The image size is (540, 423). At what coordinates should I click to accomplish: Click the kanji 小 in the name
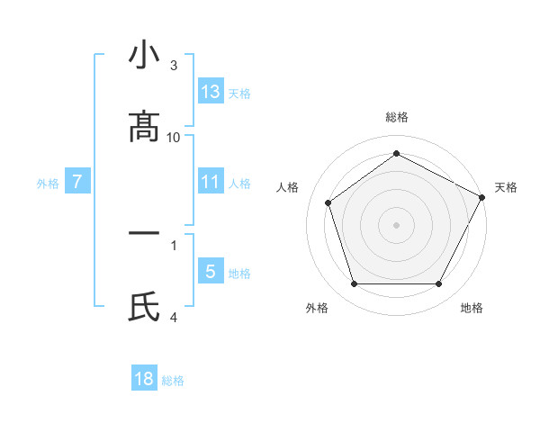click(x=144, y=56)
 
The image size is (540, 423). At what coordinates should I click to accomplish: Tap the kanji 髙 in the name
click(x=144, y=128)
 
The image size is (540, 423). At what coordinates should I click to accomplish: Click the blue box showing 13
click(x=211, y=91)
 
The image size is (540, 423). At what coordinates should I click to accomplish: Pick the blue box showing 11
click(x=211, y=182)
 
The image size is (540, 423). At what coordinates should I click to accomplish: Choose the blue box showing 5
click(x=211, y=272)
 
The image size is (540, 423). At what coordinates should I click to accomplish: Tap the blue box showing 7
click(x=77, y=182)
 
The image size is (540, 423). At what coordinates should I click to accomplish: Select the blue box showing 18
click(x=144, y=379)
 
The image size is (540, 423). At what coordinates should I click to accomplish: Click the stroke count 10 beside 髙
click(x=174, y=137)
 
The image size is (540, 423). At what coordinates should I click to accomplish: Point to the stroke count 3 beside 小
click(x=174, y=66)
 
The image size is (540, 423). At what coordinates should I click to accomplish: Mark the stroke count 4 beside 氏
click(x=174, y=317)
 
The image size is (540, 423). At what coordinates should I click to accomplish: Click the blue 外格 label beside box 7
click(x=48, y=183)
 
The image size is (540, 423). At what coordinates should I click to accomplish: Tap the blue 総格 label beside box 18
click(x=173, y=381)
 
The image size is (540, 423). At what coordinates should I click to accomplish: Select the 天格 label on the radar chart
click(x=506, y=187)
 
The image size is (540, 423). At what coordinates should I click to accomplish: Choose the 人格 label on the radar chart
click(x=287, y=187)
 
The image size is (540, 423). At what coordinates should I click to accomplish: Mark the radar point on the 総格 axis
click(x=396, y=153)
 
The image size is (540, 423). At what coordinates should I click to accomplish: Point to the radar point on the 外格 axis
click(x=354, y=284)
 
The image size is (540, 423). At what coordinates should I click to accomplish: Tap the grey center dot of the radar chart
click(x=396, y=225)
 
